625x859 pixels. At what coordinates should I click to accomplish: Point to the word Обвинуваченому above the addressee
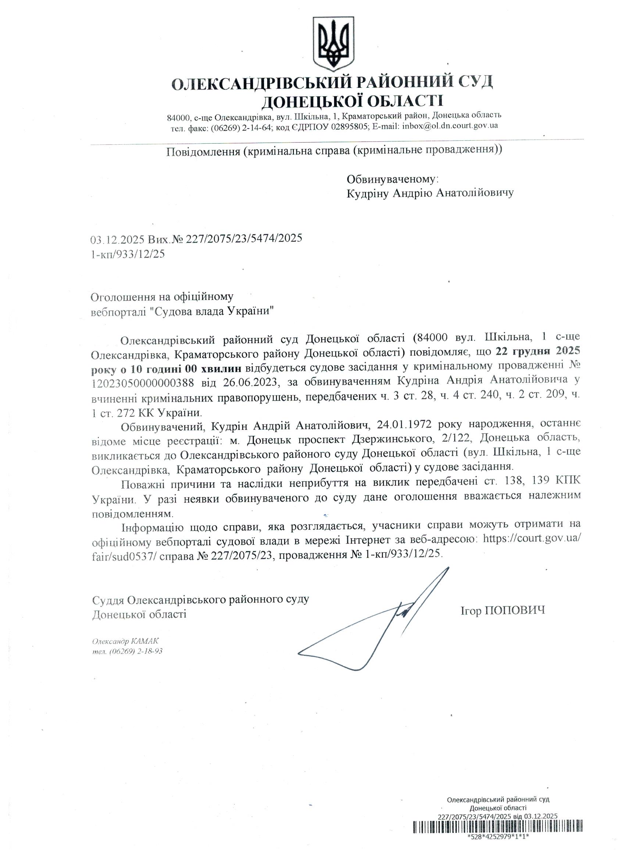(x=393, y=179)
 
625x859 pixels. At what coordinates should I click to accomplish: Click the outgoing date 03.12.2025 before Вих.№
(x=118, y=238)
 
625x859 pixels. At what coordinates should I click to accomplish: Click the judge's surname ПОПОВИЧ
(x=515, y=610)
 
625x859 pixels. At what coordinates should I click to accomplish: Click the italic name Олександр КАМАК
(x=125, y=641)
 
